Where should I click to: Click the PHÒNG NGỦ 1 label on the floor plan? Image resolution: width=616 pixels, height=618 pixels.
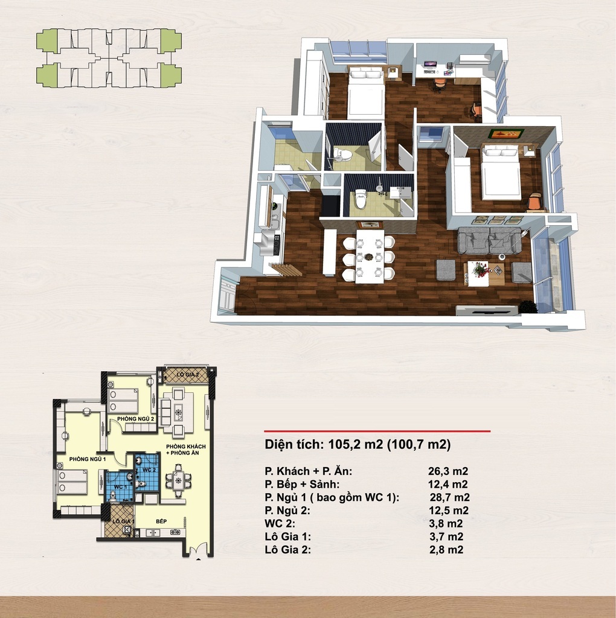pyautogui.click(x=88, y=459)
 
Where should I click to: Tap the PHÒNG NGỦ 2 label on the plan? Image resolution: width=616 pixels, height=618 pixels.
pyautogui.click(x=136, y=419)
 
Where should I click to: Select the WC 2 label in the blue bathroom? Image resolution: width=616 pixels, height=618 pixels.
pyautogui.click(x=149, y=470)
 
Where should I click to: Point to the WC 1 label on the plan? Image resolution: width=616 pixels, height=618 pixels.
pyautogui.click(x=120, y=487)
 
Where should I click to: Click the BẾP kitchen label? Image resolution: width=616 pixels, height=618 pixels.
pyautogui.click(x=161, y=521)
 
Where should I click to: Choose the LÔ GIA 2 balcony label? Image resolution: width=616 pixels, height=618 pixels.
pyautogui.click(x=188, y=374)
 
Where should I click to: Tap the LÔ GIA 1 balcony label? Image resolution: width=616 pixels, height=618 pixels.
pyautogui.click(x=123, y=521)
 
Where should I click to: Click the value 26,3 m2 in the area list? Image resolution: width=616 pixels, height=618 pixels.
pyautogui.click(x=448, y=471)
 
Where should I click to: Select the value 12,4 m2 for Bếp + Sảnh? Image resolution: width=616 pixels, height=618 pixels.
pyautogui.click(x=448, y=484)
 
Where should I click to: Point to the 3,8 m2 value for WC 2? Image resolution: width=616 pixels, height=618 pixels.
pyautogui.click(x=446, y=523)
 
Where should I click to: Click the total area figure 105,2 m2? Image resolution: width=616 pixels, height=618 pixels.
pyautogui.click(x=356, y=445)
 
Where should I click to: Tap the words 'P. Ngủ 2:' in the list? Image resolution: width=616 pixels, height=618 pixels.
pyautogui.click(x=287, y=511)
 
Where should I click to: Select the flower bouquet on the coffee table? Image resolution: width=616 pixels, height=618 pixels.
pyautogui.click(x=480, y=269)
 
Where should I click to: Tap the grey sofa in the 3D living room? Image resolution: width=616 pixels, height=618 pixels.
pyautogui.click(x=489, y=240)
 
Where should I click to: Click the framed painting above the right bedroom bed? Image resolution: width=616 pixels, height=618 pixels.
pyautogui.click(x=506, y=133)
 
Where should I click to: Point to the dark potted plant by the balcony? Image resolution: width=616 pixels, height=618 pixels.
pyautogui.click(x=527, y=307)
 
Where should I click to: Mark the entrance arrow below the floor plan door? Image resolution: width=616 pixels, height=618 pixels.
pyautogui.click(x=198, y=558)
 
